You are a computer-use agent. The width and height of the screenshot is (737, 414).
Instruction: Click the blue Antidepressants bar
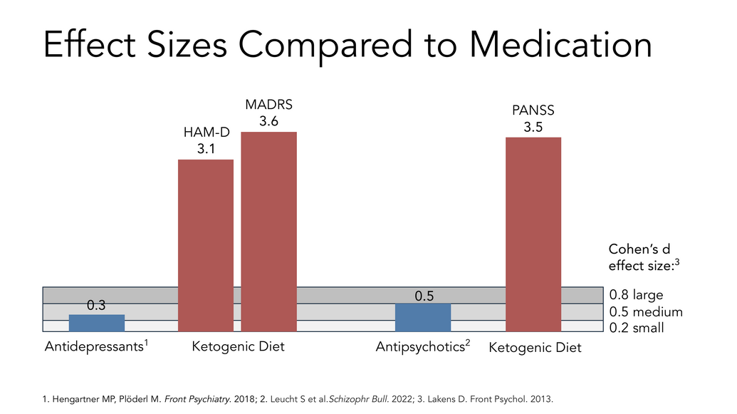click(x=96, y=323)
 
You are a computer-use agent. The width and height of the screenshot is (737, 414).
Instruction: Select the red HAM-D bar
click(x=205, y=245)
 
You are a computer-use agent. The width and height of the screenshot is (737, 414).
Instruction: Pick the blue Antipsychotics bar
click(x=422, y=317)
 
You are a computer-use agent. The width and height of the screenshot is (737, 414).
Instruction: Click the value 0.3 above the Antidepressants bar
click(x=96, y=306)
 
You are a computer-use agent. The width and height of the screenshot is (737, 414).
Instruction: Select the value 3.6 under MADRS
click(x=268, y=121)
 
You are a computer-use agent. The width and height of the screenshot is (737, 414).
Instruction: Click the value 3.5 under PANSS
click(x=533, y=127)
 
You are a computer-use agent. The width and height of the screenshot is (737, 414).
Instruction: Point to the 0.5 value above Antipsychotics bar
click(x=424, y=295)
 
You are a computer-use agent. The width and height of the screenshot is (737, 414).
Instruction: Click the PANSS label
click(x=533, y=110)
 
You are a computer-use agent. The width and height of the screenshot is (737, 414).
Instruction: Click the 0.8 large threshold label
click(x=637, y=295)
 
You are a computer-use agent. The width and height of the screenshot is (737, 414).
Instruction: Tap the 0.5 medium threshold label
click(x=646, y=312)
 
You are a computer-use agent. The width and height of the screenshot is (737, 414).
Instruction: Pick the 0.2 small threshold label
click(x=637, y=328)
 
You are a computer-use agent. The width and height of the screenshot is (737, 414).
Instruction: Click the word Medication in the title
click(x=560, y=46)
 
